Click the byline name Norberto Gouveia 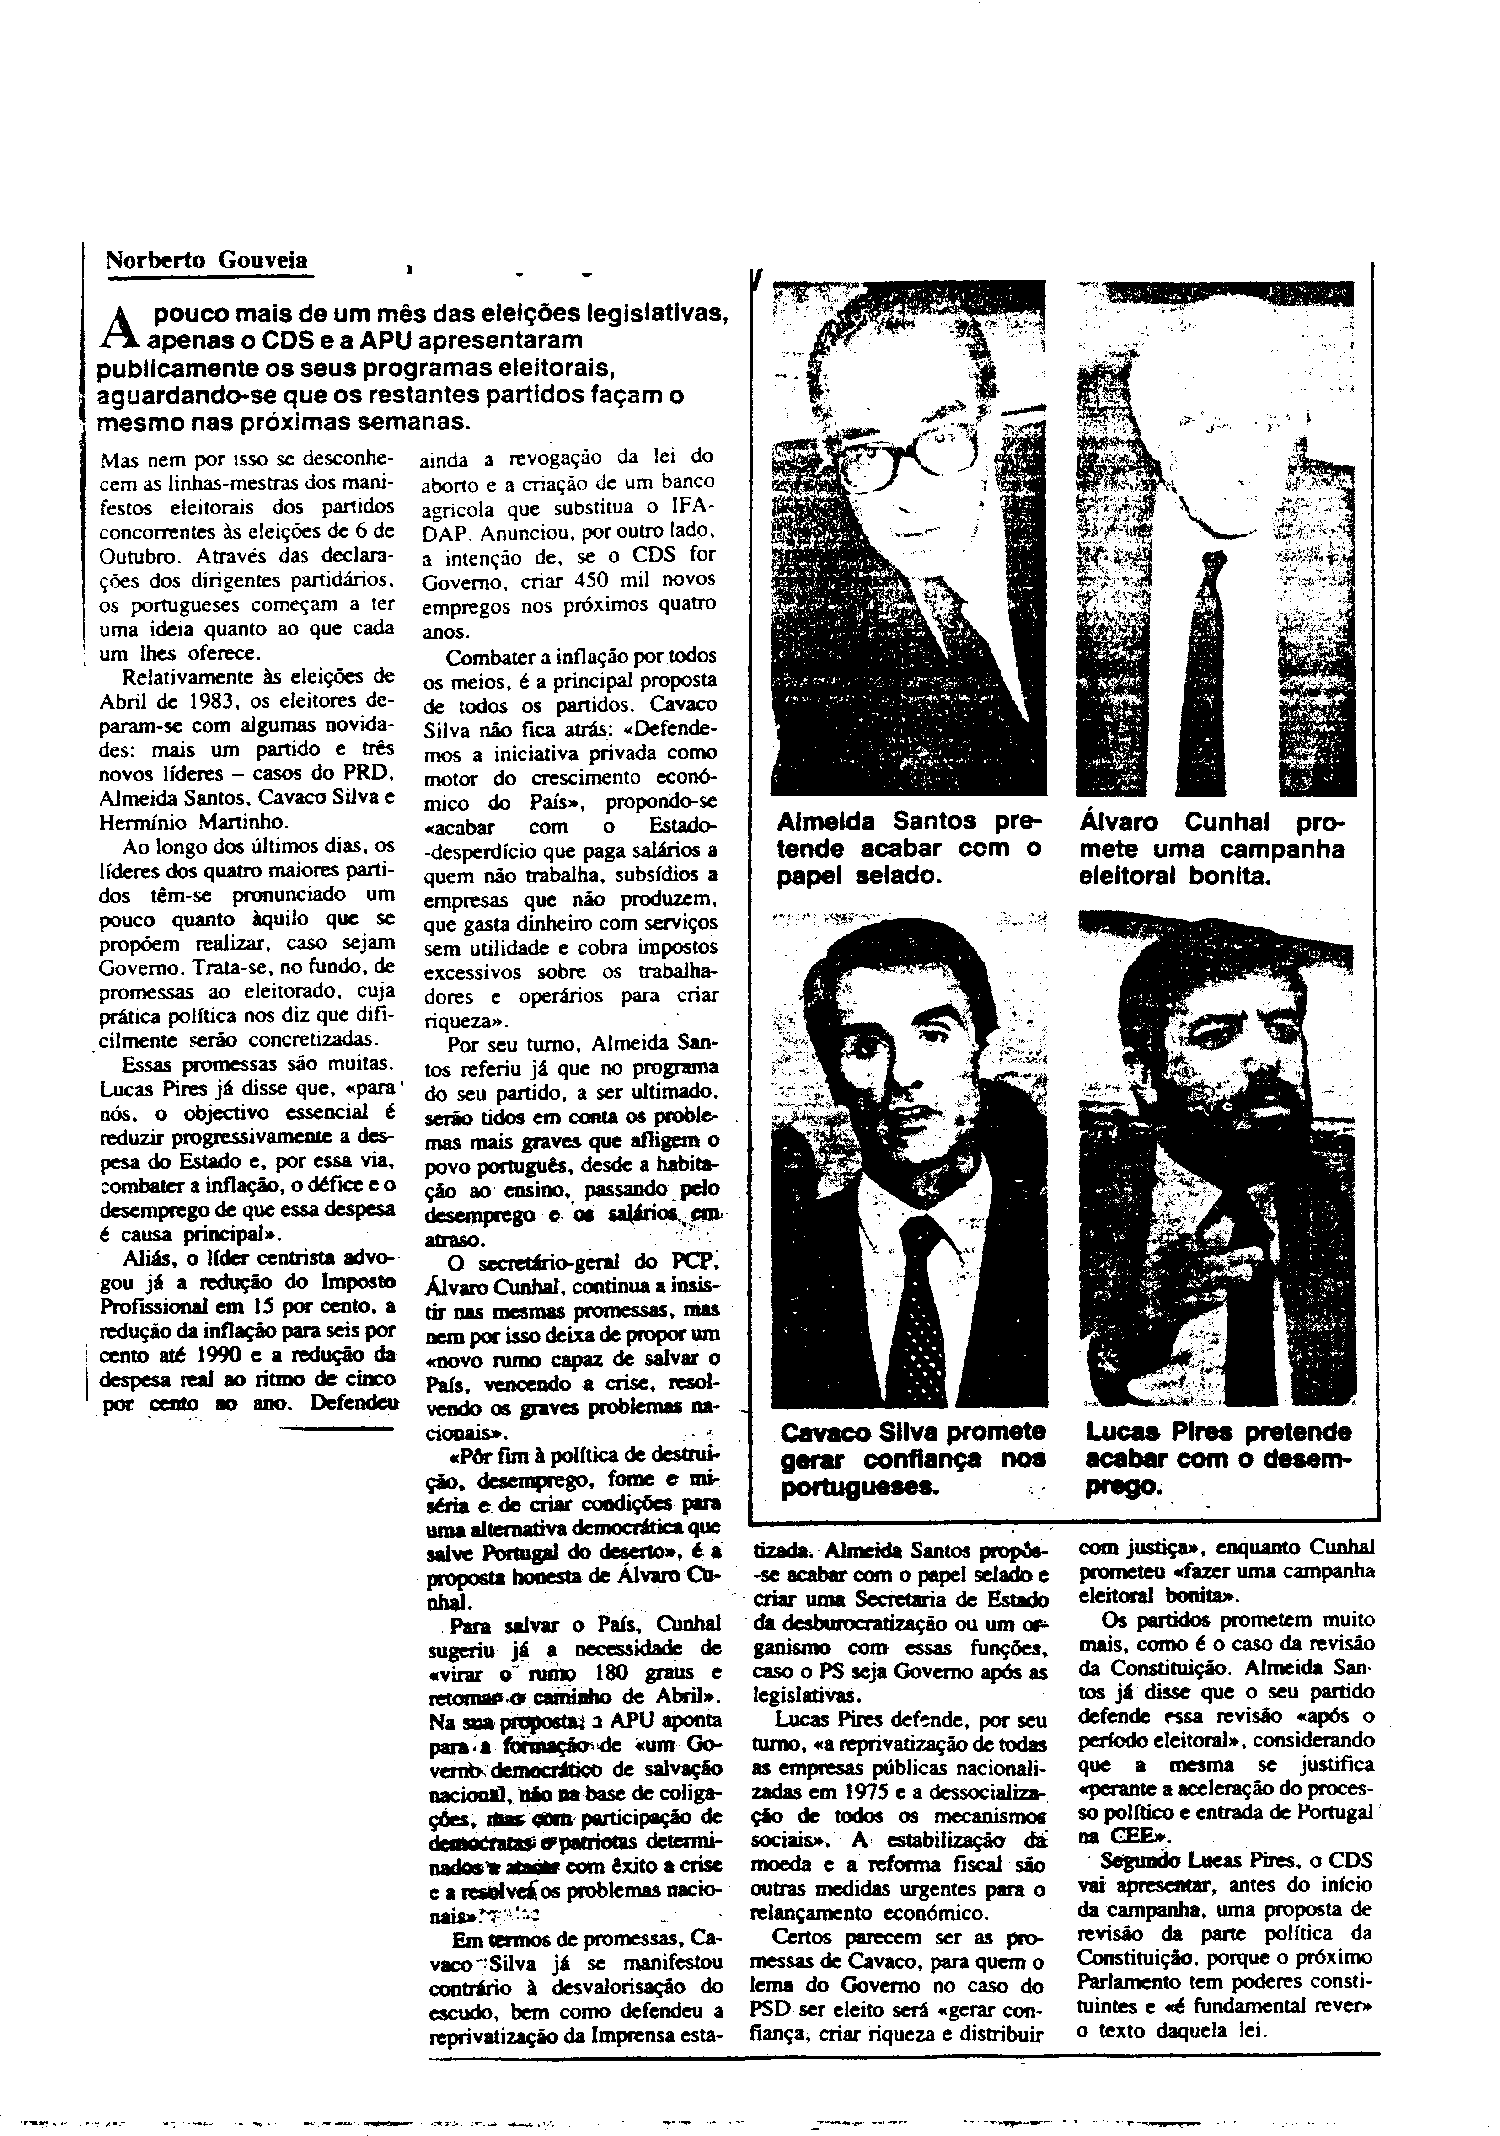[x=207, y=261]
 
